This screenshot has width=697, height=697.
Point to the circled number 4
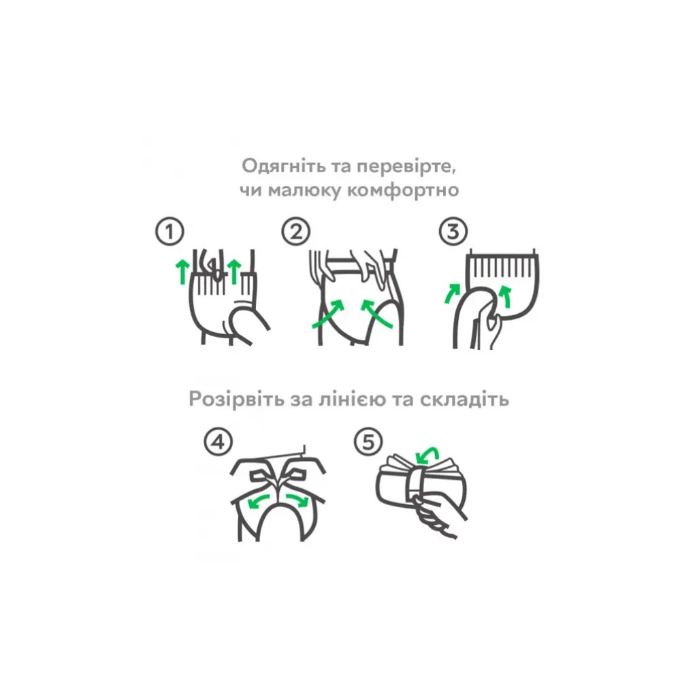click(x=218, y=443)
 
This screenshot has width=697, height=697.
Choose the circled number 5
click(x=368, y=443)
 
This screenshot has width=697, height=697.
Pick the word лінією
click(x=352, y=399)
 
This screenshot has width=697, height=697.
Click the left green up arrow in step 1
click(x=182, y=270)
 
